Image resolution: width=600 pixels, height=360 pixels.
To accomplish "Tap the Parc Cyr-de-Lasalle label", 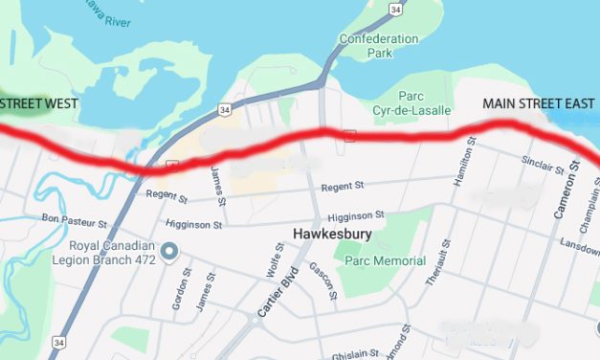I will tap(399, 102).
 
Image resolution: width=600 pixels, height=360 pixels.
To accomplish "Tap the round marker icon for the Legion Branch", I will tap(169, 252).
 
